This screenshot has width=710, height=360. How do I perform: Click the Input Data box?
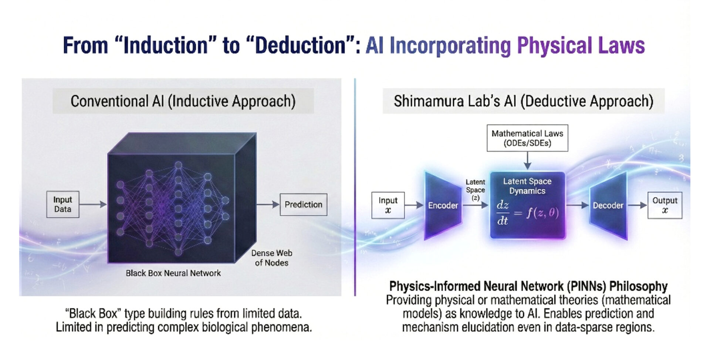tap(63, 204)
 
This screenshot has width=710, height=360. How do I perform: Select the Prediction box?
tap(304, 205)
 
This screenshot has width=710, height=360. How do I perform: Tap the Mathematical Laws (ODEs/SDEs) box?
tap(527, 138)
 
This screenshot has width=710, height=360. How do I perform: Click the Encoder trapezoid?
tap(443, 205)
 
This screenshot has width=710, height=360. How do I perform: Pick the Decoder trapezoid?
tap(608, 205)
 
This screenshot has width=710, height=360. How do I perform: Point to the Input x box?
tap(388, 205)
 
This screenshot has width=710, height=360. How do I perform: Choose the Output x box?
tap(665, 205)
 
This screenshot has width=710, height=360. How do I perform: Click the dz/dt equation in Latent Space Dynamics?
tap(527, 213)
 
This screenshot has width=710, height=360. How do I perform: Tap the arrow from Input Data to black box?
tap(93, 204)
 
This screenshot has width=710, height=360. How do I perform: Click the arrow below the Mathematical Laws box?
tap(527, 161)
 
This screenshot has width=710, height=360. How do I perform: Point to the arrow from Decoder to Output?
tap(638, 205)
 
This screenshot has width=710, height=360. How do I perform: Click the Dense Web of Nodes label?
tap(272, 258)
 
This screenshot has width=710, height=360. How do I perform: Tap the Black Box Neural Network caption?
tap(173, 273)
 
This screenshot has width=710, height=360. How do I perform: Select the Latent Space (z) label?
tap(475, 190)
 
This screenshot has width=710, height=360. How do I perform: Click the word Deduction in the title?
tap(300, 46)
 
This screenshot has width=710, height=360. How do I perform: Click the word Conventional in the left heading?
tap(109, 101)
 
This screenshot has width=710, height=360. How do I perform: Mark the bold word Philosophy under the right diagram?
tap(639, 286)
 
